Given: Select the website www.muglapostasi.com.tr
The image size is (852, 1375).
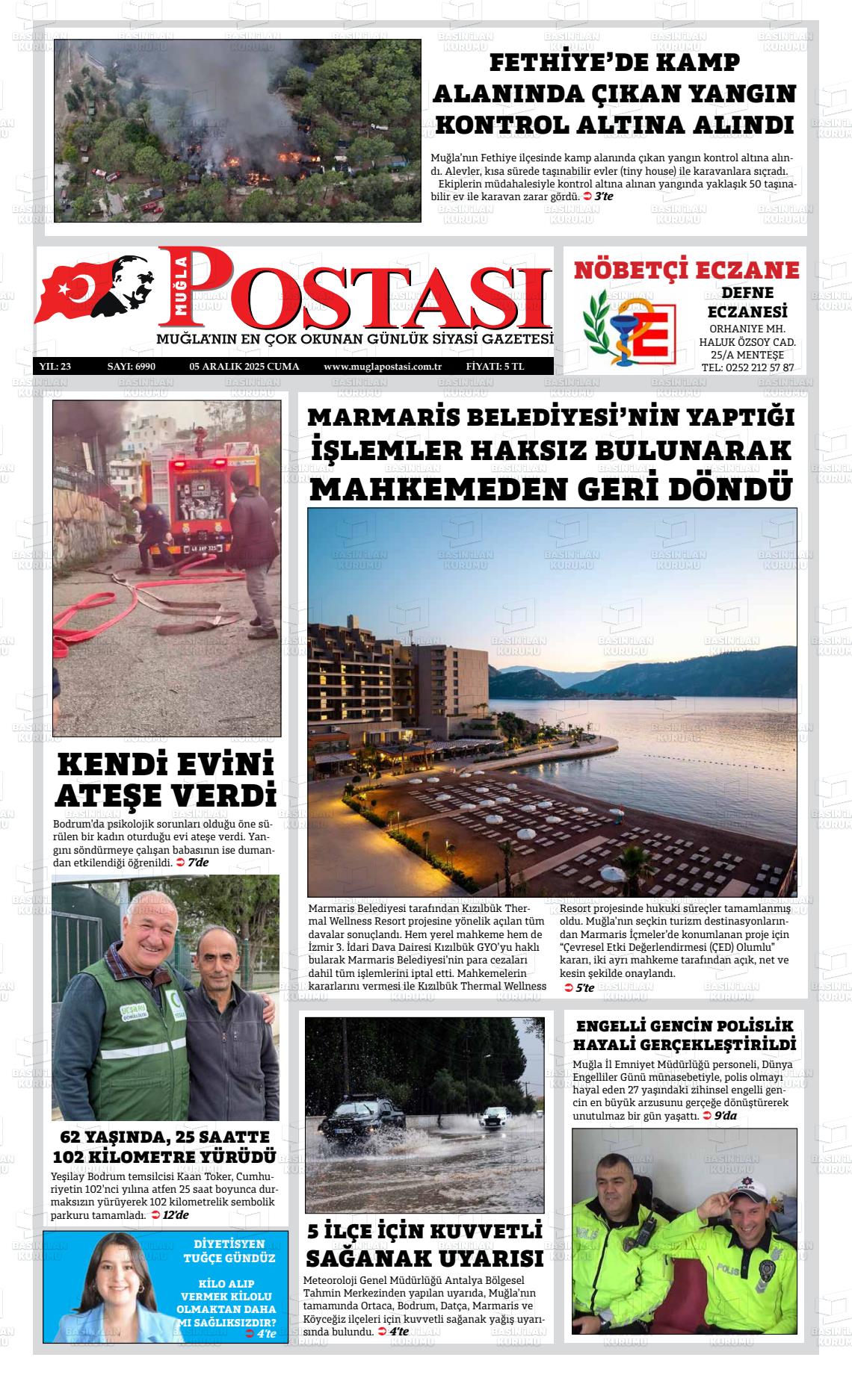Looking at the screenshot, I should click(x=383, y=367).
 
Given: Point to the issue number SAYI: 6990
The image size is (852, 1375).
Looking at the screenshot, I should click(x=131, y=367).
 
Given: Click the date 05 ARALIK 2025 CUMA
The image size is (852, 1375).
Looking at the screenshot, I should click(x=244, y=367).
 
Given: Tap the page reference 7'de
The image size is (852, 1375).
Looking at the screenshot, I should click(x=198, y=863).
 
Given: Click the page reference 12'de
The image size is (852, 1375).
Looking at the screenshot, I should click(x=176, y=1215).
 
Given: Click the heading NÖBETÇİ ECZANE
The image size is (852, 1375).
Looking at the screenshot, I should click(x=686, y=270).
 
